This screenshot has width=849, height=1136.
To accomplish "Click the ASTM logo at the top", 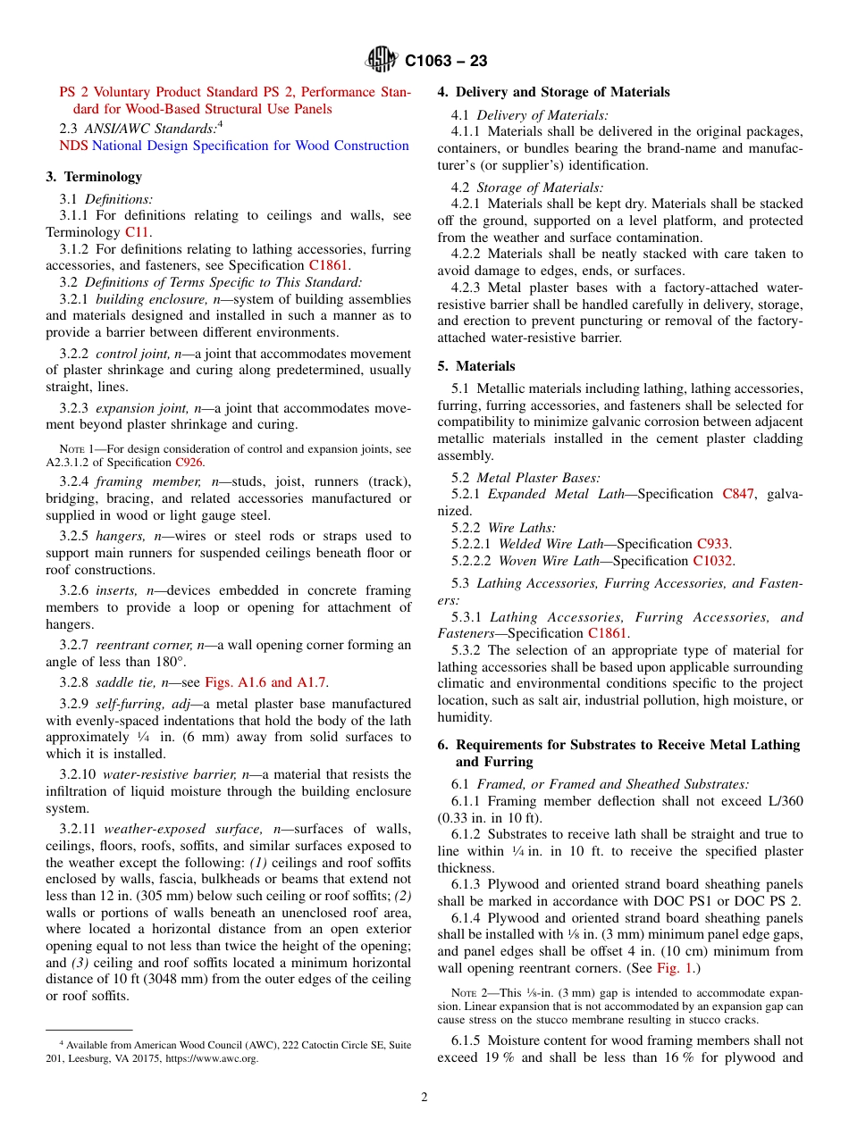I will [382, 62].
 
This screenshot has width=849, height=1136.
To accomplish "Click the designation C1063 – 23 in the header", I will [446, 62].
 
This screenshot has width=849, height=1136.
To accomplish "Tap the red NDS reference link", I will [74, 146].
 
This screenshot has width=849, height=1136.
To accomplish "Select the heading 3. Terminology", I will [94, 177].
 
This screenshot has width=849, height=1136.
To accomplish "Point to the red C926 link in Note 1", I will [189, 463].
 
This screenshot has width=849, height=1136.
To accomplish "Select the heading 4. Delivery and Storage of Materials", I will [553, 92].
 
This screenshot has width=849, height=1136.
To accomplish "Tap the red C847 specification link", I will [738, 494].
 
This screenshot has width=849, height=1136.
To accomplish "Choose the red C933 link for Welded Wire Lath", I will [712, 544].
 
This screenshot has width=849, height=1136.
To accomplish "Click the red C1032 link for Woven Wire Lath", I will [712, 561].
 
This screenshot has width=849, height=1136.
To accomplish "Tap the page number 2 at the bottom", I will [424, 1098].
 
